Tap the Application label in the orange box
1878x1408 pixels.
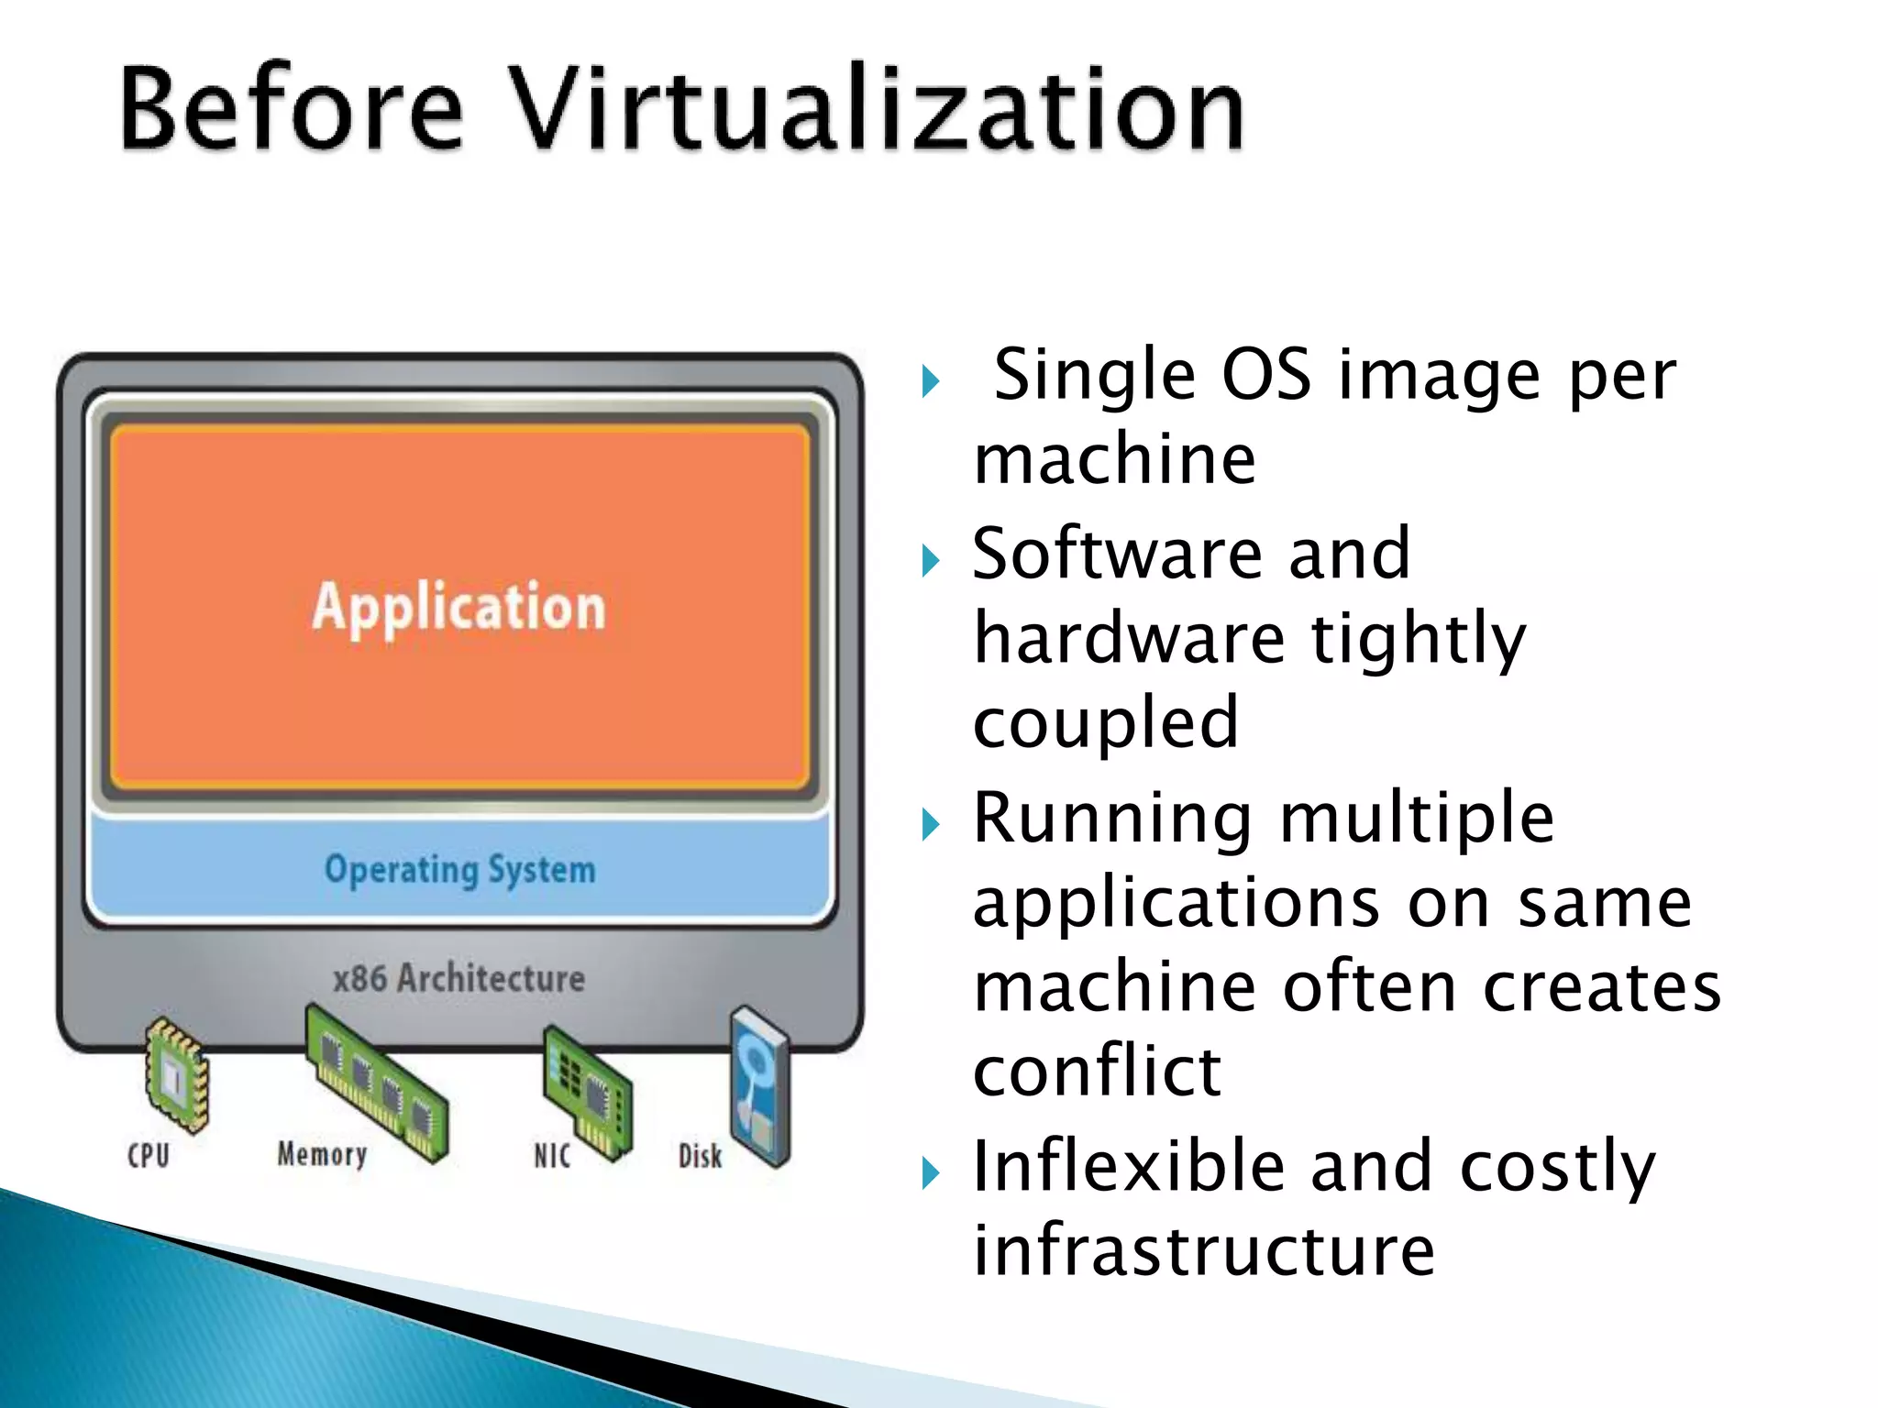click(458, 607)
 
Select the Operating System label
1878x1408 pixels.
click(459, 869)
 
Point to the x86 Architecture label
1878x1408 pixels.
click(458, 978)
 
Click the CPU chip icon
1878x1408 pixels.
click(176, 1074)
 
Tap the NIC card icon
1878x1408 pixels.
click(588, 1091)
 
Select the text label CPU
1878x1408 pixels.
click(149, 1155)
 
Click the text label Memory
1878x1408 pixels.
click(322, 1154)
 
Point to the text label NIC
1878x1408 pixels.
click(552, 1156)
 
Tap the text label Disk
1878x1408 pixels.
click(700, 1156)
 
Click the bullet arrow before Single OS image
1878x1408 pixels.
click(931, 381)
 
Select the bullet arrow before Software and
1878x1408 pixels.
click(931, 560)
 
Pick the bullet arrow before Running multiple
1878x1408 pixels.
click(931, 824)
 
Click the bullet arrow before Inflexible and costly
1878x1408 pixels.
click(931, 1172)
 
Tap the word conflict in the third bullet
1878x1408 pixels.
click(1097, 1071)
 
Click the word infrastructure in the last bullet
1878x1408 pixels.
click(1203, 1250)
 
